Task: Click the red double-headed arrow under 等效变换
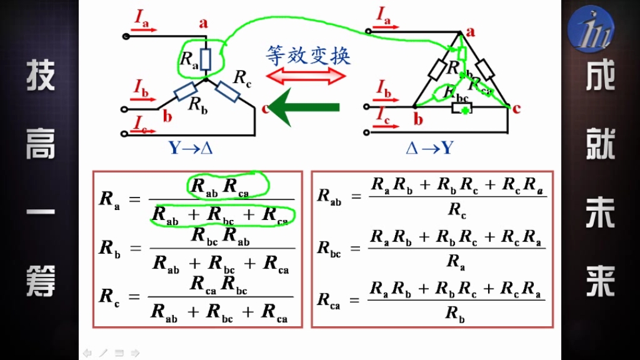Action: point(306,76)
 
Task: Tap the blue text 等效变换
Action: point(308,55)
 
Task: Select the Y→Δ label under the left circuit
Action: point(190,147)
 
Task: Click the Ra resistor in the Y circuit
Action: point(205,59)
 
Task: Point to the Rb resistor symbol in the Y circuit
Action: point(186,90)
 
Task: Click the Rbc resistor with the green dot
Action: point(461,109)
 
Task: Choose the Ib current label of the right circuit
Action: point(384,90)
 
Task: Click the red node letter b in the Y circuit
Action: point(168,116)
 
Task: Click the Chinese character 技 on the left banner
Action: point(40,76)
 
